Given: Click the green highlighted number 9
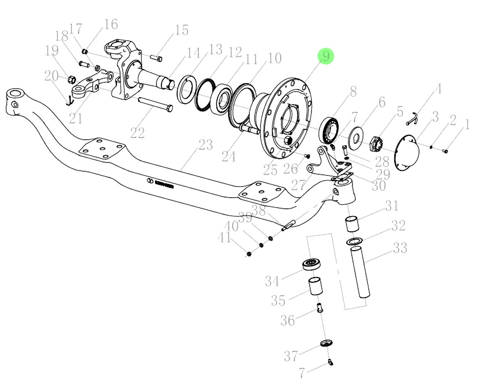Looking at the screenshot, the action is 326,56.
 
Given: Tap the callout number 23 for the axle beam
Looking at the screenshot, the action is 206,145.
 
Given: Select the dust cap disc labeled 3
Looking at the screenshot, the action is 408,153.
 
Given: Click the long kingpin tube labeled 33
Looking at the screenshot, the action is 360,272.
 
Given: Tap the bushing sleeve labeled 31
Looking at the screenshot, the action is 352,224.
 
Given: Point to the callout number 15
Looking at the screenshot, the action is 182,30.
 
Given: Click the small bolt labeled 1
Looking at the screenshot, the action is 445,151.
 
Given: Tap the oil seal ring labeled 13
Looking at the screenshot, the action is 186,89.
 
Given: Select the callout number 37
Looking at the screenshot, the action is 291,356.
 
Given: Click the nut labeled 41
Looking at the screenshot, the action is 248,254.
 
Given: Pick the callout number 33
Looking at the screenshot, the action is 400,248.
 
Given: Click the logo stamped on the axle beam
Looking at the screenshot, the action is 159,183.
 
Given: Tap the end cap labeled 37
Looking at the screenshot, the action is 327,343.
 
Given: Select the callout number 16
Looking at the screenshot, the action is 111,24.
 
